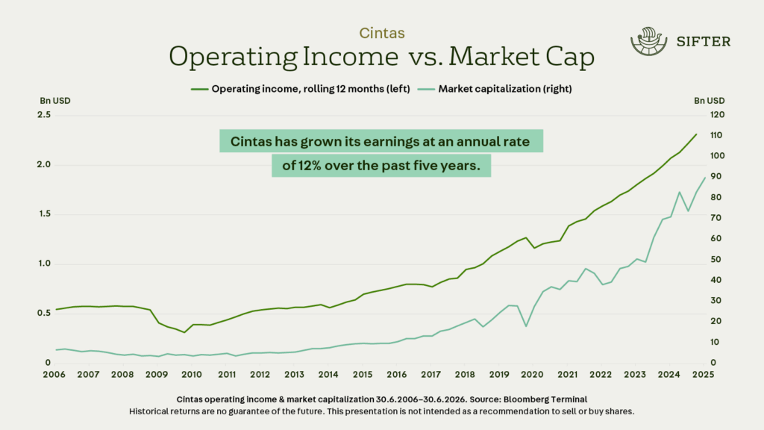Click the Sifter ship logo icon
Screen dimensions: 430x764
[647, 41]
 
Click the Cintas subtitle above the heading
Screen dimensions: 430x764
[381, 33]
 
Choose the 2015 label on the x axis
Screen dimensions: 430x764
[363, 374]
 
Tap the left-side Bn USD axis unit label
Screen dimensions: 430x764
[55, 101]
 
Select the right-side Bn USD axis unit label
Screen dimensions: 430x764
[709, 101]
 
